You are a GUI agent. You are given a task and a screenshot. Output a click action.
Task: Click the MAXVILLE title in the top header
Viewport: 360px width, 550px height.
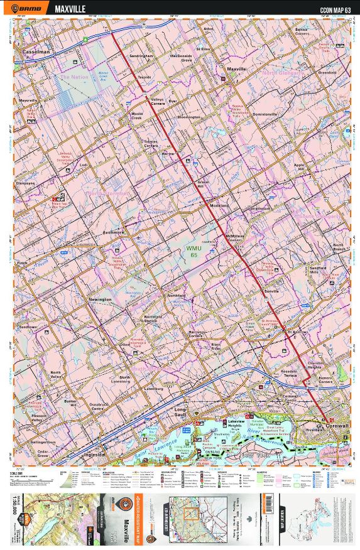click(x=70, y=9)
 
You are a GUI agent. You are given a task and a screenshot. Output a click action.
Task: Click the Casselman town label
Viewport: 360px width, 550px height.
click(x=35, y=51)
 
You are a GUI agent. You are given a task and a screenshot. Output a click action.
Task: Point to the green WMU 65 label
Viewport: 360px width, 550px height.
click(x=194, y=251)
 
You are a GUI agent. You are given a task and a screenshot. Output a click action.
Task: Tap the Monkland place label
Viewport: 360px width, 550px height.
click(x=217, y=205)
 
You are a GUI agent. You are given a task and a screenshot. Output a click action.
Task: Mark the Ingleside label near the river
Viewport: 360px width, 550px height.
click(x=94, y=454)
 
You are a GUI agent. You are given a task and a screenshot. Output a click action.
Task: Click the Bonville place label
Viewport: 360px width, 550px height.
click(x=271, y=292)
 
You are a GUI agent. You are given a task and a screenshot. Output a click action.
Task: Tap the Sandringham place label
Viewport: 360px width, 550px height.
click(x=141, y=56)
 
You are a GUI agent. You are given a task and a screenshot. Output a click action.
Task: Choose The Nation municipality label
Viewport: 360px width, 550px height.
click(x=72, y=77)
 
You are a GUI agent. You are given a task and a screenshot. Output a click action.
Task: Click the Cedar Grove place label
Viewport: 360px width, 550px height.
click(x=43, y=453)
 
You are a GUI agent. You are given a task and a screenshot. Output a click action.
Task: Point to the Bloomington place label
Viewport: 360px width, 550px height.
click(x=189, y=117)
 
